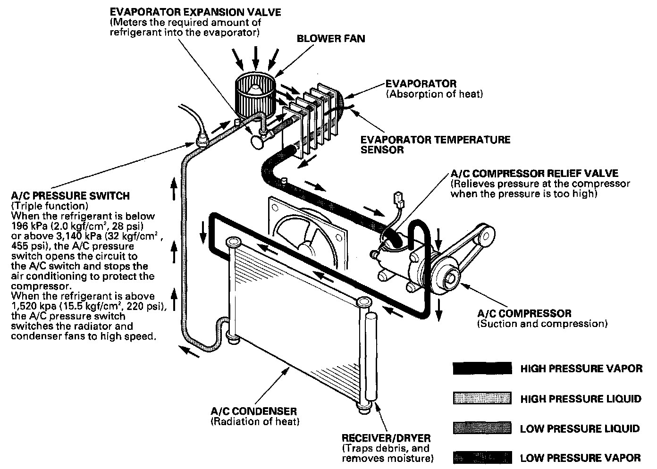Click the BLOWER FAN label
[x=330, y=38]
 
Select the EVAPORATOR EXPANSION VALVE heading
[x=195, y=11]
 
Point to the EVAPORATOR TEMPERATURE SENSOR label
[x=435, y=145]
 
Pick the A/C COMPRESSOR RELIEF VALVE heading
[x=534, y=173]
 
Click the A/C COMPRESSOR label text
[x=524, y=313]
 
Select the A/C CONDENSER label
[x=254, y=411]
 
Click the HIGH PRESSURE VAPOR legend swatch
[x=482, y=368]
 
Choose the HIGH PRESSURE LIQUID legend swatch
[x=482, y=399]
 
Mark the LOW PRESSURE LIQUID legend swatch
[x=482, y=428]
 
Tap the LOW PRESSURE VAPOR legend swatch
[x=482, y=457]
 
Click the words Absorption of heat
[x=435, y=94]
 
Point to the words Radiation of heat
[x=255, y=421]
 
